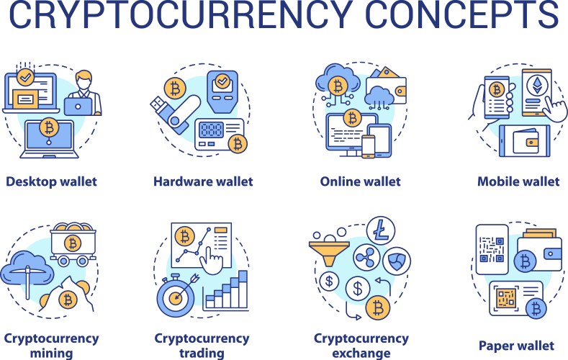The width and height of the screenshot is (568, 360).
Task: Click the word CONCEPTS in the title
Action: coord(463,14)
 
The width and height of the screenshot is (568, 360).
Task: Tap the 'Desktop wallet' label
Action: coord(51,181)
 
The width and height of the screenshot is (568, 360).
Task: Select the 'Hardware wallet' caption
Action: coord(203,181)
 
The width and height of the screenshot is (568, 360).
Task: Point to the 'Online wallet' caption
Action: coord(361,181)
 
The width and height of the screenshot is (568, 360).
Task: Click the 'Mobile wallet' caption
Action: coord(518,181)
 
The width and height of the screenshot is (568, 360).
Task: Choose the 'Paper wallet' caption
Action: coord(517,346)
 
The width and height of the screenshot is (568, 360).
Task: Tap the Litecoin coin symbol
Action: coord(381,230)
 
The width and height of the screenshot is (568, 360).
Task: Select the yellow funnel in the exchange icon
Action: coord(329,252)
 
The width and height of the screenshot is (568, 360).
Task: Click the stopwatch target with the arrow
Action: coord(177,296)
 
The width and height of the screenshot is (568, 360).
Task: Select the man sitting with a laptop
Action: coord(83,94)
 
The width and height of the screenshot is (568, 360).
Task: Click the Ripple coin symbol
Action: coord(366,258)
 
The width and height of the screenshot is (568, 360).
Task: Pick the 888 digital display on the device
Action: coord(211,130)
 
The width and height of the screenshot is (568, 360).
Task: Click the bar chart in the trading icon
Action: coord(226,292)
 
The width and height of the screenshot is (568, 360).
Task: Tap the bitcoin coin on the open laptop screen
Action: coord(49,127)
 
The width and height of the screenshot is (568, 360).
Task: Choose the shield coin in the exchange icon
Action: coord(397,261)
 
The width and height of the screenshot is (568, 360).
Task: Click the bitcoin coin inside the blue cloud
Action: coord(338,86)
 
